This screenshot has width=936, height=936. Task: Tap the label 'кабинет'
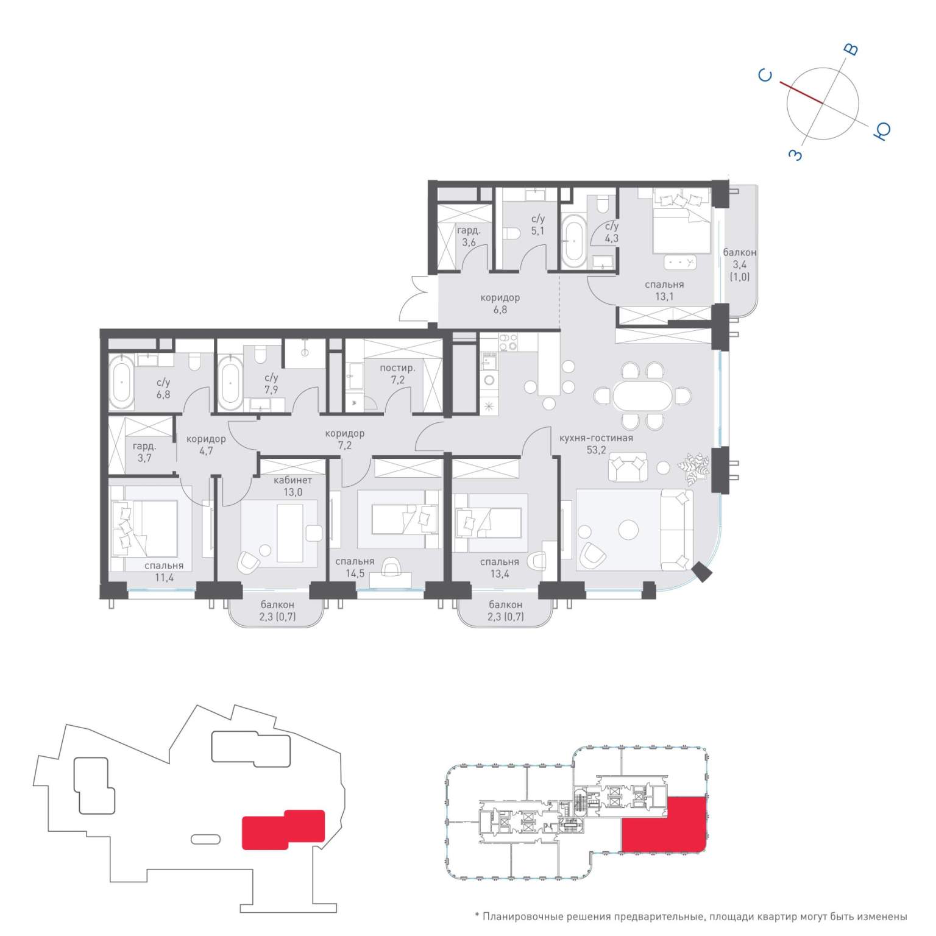pyautogui.click(x=292, y=480)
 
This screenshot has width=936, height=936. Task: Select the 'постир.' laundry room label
pyautogui.click(x=397, y=368)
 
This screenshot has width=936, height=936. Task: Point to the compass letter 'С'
pyautogui.click(x=765, y=75)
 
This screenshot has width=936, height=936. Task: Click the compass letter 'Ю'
pyautogui.click(x=882, y=130)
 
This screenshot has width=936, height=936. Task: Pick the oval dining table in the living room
pyautogui.click(x=642, y=396)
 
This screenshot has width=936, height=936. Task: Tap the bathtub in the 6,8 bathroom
pyautogui.click(x=122, y=382)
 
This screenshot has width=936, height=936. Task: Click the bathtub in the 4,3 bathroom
pyautogui.click(x=572, y=241)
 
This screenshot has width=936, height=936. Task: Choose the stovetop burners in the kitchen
pyautogui.click(x=508, y=342)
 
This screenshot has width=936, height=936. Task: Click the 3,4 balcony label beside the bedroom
pyautogui.click(x=739, y=264)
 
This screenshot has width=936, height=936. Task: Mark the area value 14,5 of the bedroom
pyautogui.click(x=355, y=573)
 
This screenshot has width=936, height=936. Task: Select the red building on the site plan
pyautogui.click(x=283, y=829)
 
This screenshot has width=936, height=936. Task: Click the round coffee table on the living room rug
pyautogui.click(x=628, y=529)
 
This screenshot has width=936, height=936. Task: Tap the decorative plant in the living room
pyautogui.click(x=695, y=469)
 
